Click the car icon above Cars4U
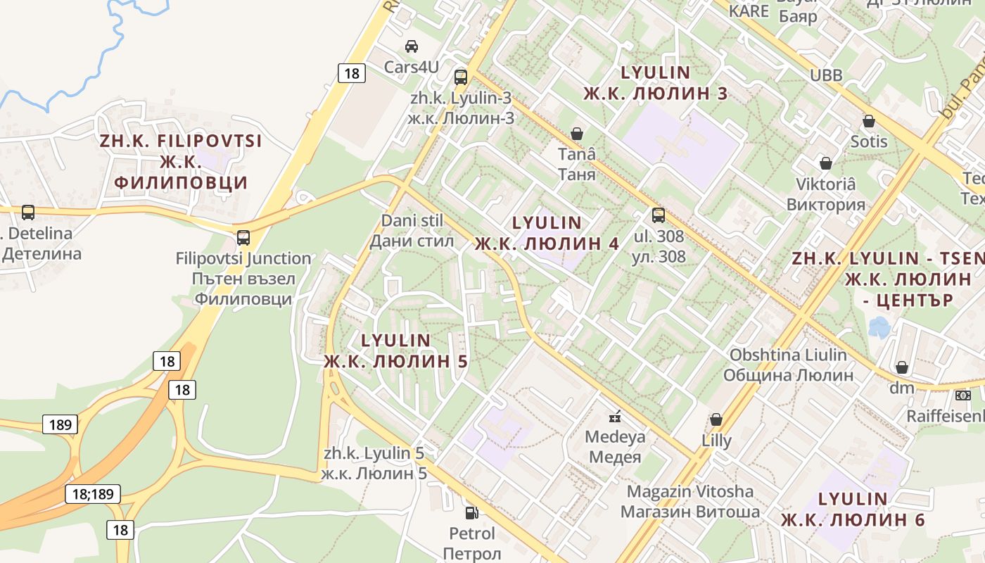(x=412, y=46)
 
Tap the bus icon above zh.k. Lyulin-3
(x=461, y=77)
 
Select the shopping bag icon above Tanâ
(x=577, y=133)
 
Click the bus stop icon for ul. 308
(x=659, y=215)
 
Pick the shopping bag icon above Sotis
(x=869, y=120)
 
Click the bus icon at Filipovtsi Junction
(x=243, y=237)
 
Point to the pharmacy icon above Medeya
(x=615, y=416)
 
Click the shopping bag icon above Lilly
(x=716, y=419)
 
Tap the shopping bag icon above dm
(x=902, y=367)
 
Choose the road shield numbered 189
(x=60, y=424)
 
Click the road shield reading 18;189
(x=93, y=493)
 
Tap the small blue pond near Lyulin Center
(x=879, y=327)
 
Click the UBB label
(x=826, y=75)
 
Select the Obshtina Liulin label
(x=788, y=355)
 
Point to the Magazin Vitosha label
(x=689, y=491)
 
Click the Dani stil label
(x=412, y=221)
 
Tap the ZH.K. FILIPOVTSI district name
(x=181, y=140)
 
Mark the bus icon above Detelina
(x=28, y=212)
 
